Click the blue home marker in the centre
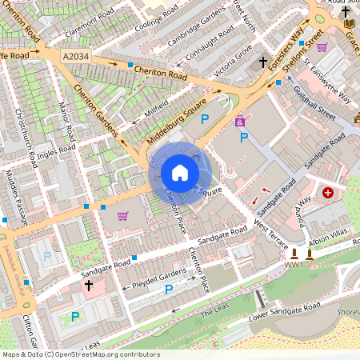coord(180,173)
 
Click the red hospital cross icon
coord(328,193)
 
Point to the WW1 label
coord(294,264)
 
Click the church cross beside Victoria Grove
coord(262,62)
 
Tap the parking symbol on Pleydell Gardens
coord(169,289)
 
